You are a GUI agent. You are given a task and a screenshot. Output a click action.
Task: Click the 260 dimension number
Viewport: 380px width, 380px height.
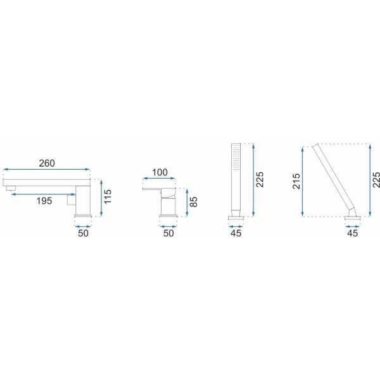click(x=47, y=163)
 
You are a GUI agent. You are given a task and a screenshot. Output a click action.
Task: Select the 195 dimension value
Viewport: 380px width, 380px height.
click(x=44, y=201)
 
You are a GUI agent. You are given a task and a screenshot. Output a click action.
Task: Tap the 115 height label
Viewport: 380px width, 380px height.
click(x=107, y=196)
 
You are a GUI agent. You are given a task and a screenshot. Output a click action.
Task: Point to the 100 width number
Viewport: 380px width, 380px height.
click(x=160, y=172)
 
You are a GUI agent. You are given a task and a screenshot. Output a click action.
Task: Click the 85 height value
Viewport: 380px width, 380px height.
click(x=193, y=202)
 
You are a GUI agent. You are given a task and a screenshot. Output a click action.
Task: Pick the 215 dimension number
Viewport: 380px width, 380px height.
click(x=296, y=181)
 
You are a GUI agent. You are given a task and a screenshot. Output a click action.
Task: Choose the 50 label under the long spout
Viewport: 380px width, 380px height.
click(x=83, y=233)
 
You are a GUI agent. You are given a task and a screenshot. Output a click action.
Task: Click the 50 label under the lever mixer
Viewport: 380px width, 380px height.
click(x=168, y=233)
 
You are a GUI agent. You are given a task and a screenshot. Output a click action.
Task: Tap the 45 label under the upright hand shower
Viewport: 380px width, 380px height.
click(x=236, y=233)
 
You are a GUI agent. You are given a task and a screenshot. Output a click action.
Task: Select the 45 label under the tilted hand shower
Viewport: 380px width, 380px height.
click(x=352, y=233)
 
